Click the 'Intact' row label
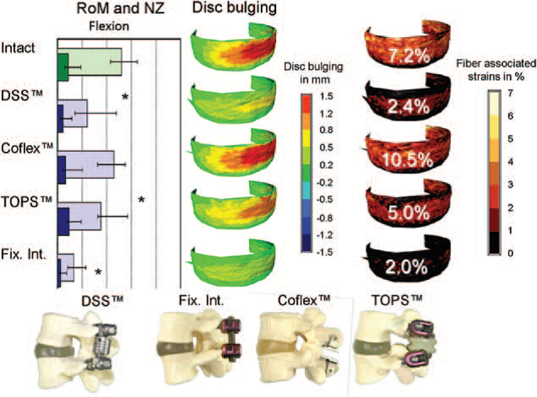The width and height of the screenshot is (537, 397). coord(19,48)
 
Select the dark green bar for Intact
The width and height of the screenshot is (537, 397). coord(63,66)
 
